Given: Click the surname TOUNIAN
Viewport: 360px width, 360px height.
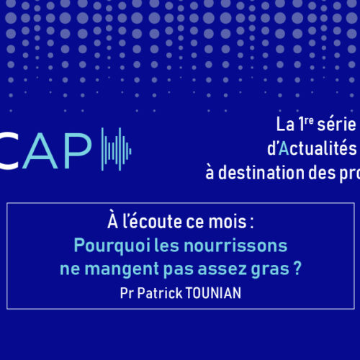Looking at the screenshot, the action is click(x=213, y=293).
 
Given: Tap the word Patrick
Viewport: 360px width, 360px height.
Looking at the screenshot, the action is click(x=160, y=293).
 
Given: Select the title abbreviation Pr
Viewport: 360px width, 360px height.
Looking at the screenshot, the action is click(x=127, y=293).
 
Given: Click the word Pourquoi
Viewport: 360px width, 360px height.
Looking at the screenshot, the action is click(x=112, y=246).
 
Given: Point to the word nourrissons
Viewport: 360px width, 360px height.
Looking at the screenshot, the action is click(x=235, y=246).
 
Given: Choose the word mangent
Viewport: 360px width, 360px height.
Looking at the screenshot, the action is click(x=122, y=269).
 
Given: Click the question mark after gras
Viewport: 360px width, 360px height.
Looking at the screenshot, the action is click(x=297, y=268).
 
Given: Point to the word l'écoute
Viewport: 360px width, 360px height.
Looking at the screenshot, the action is click(x=152, y=220).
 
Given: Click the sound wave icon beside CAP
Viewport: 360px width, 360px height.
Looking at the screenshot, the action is click(x=116, y=149).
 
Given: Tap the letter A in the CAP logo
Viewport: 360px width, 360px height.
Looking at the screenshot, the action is click(x=40, y=151).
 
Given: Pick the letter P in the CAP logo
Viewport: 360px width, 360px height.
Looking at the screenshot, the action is click(x=78, y=151).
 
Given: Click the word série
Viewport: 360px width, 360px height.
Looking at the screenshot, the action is click(x=336, y=125).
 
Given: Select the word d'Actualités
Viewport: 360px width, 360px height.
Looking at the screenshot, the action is click(x=312, y=148).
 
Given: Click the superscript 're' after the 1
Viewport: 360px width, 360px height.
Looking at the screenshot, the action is click(x=309, y=120).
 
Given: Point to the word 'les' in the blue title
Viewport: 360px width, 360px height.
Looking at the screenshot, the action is click(x=166, y=246).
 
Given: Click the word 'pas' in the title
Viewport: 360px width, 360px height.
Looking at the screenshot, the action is click(x=179, y=270).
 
